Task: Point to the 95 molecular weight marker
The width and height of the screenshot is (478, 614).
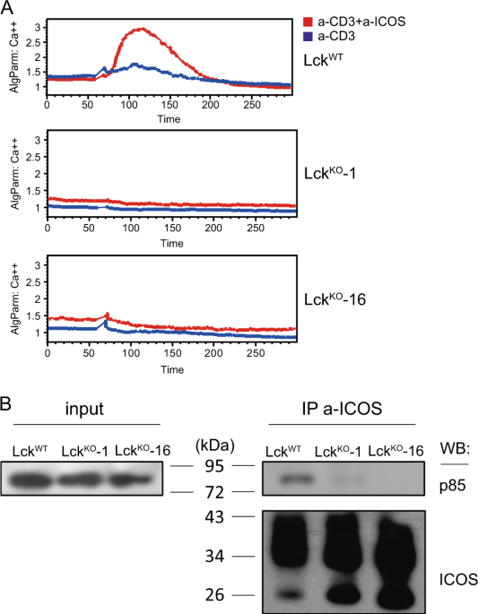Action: click(215, 467)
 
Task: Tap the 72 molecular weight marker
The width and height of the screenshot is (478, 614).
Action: click(215, 493)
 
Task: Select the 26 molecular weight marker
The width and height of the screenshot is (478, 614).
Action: click(215, 595)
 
